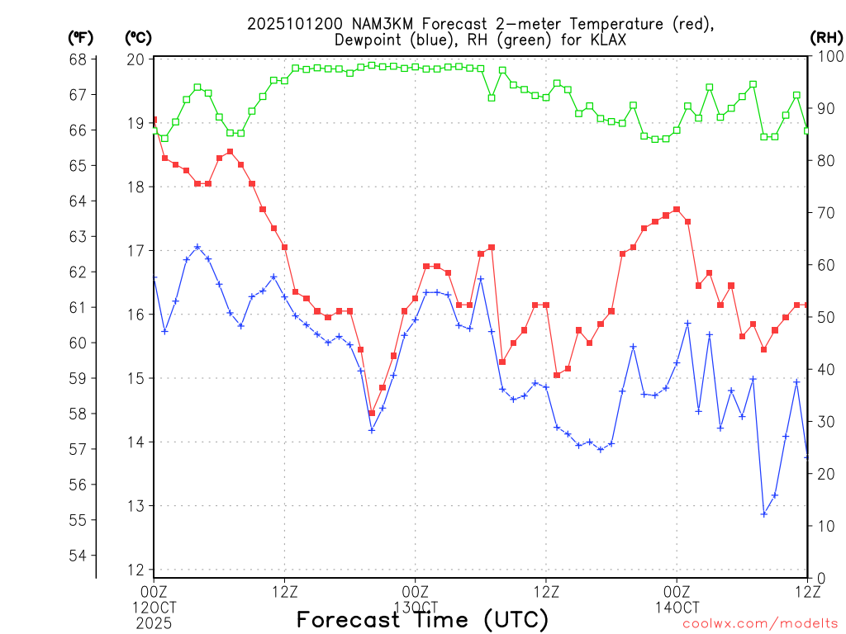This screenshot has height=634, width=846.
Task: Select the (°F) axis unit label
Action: pyautogui.click(x=81, y=37)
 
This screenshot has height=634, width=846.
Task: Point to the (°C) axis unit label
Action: pyautogui.click(x=137, y=37)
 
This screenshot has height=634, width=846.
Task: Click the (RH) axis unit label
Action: pyautogui.click(x=825, y=37)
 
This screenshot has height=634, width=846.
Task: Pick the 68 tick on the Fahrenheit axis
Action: pyautogui.click(x=78, y=59)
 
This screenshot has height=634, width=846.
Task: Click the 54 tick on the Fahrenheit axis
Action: pyautogui.click(x=78, y=556)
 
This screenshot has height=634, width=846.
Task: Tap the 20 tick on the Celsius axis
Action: pyautogui.click(x=135, y=59)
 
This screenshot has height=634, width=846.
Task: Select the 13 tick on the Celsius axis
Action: pyautogui.click(x=135, y=506)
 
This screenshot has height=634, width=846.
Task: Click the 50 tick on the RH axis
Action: pyautogui.click(x=823, y=317)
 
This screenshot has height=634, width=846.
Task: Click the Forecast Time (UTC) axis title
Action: pyautogui.click(x=422, y=619)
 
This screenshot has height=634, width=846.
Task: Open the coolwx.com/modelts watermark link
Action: pyautogui.click(x=761, y=624)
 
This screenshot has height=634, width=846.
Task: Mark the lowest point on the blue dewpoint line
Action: pyautogui.click(x=764, y=513)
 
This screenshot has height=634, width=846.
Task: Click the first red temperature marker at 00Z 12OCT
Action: pyautogui.click(x=154, y=121)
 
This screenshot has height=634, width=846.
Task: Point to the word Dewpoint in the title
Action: pyautogui.click(x=368, y=40)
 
